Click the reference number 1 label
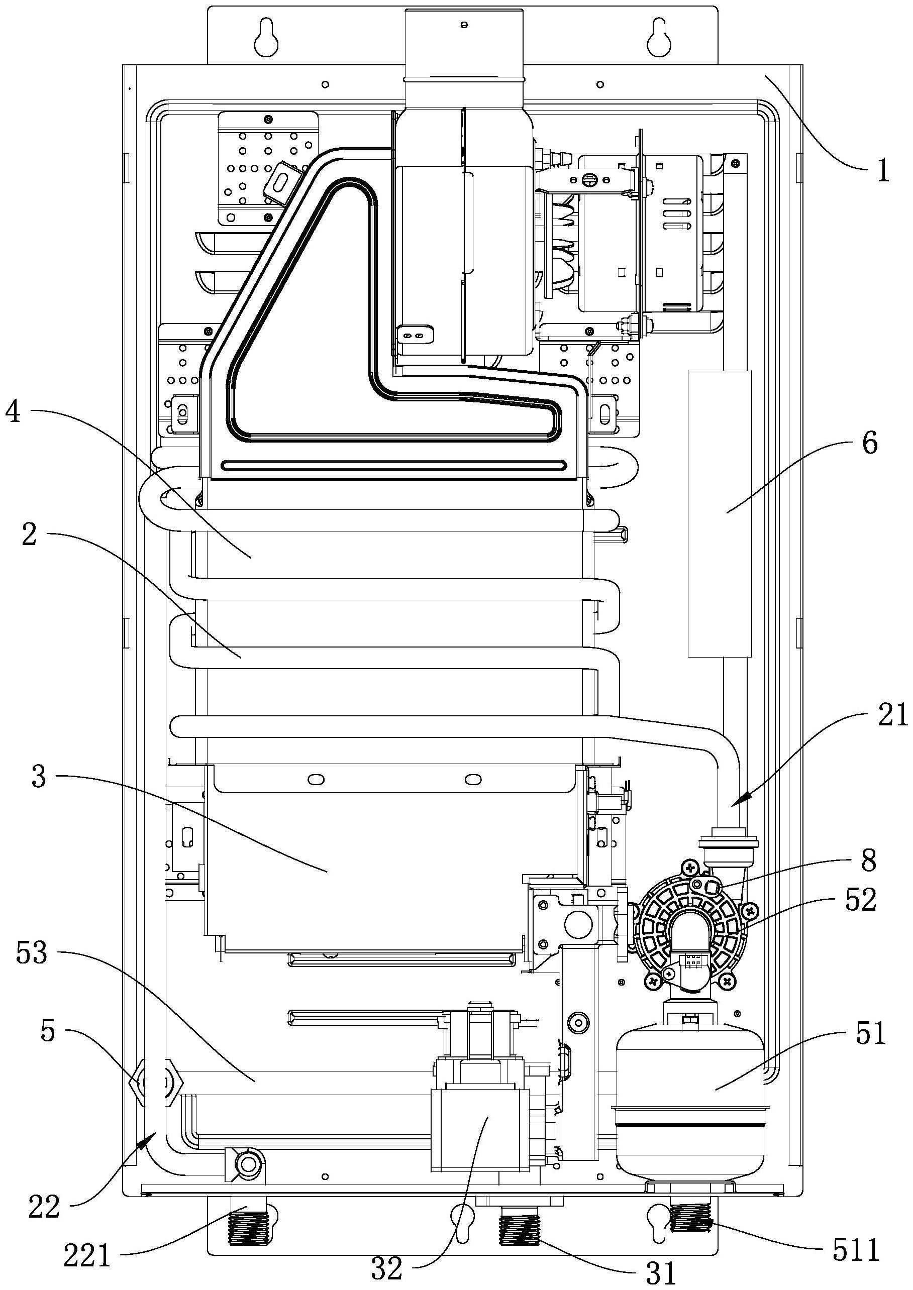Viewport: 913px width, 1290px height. [x=883, y=170]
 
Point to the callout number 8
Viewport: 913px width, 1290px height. [x=869, y=861]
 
